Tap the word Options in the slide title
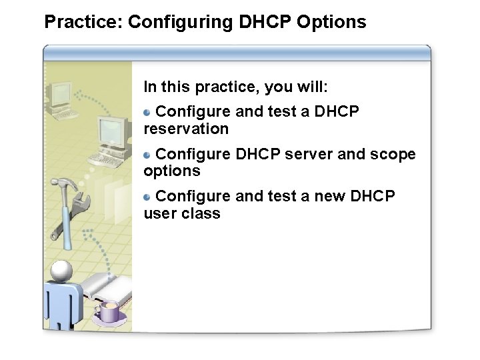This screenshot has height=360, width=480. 331,22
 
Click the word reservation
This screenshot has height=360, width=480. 186,129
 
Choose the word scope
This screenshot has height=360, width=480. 393,154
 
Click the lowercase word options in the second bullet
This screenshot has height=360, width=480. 171,171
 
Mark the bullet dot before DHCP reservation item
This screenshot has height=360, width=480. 148,111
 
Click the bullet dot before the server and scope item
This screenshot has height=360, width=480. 148,154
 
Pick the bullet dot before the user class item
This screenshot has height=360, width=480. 148,196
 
